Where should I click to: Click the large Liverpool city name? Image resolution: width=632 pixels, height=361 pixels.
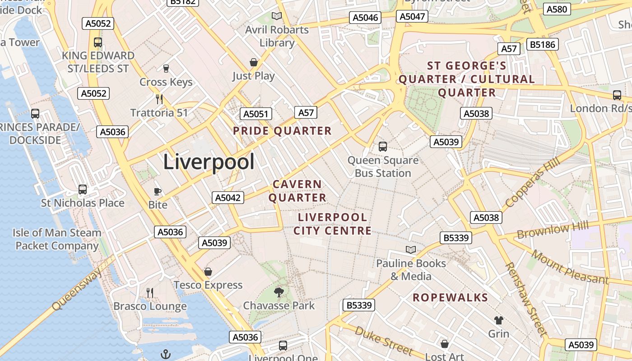209,162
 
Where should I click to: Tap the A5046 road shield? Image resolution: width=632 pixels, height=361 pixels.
365,18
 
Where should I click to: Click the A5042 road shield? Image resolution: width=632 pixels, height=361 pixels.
228,197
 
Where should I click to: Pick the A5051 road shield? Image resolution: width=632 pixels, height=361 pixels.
256,114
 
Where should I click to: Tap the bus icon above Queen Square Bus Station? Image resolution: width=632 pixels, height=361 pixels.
383,146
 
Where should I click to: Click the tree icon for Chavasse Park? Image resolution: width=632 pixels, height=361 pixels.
279,292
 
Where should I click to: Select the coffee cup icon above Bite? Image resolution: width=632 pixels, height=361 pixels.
158,191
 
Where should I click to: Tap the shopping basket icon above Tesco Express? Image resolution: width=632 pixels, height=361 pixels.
208,272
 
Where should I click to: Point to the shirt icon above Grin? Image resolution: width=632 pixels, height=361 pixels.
498,320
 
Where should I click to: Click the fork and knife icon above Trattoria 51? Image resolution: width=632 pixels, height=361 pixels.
159,99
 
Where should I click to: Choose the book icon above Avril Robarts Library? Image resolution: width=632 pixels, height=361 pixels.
277,16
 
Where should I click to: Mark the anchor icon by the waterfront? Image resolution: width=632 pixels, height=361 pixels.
166,354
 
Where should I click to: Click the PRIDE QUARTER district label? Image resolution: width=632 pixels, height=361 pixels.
282,131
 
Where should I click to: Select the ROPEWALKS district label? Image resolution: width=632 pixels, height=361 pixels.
451,297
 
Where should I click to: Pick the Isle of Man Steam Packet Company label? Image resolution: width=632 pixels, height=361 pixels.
57,239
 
